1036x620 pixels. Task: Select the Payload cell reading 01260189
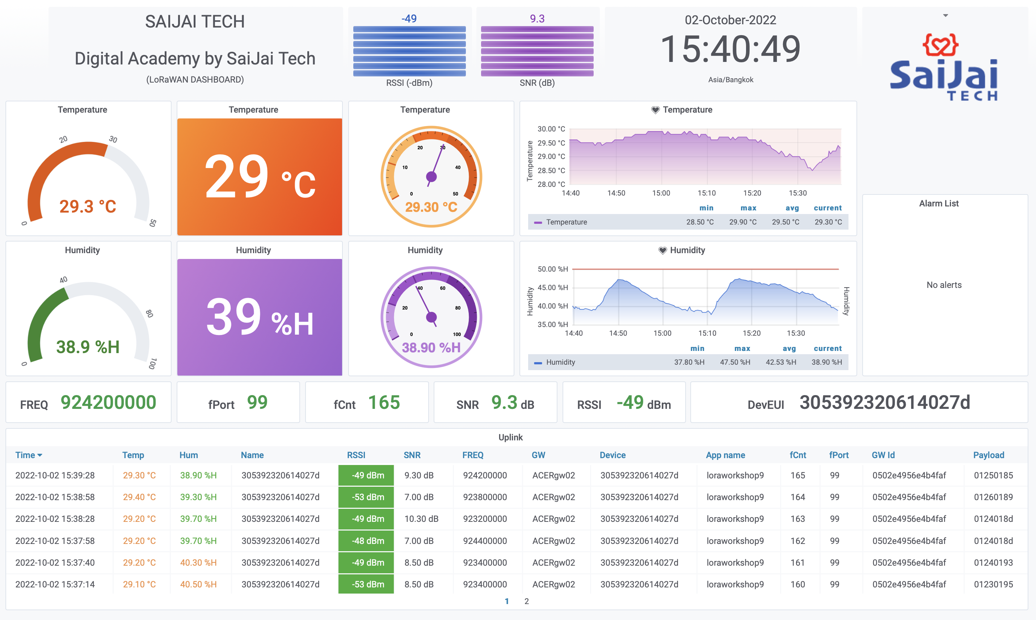(x=993, y=497)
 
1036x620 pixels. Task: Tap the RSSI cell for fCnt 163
(x=366, y=519)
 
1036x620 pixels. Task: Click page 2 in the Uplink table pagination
(x=527, y=601)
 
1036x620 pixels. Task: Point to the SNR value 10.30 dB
(x=421, y=519)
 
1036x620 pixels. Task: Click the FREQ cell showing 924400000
(x=484, y=541)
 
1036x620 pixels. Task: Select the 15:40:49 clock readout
(x=730, y=49)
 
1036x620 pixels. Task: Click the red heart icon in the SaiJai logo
(x=940, y=45)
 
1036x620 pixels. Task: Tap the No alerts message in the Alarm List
(x=944, y=285)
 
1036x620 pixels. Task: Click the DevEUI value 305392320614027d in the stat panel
(x=884, y=403)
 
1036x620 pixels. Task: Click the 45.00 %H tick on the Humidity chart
(x=552, y=288)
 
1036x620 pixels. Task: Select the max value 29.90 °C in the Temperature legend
(x=742, y=222)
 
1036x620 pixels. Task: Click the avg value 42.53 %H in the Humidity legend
(x=780, y=362)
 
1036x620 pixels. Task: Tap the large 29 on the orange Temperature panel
(x=237, y=177)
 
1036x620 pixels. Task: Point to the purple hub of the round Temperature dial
(x=431, y=177)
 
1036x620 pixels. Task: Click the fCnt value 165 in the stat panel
(x=384, y=403)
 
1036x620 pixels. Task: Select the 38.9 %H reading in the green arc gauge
(x=88, y=347)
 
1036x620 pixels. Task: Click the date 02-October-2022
(x=730, y=20)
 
